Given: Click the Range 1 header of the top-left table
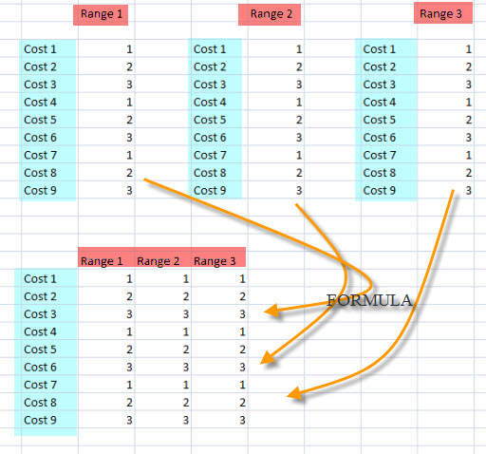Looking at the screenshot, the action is (x=102, y=14).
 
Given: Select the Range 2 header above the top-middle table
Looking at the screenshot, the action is (x=271, y=14).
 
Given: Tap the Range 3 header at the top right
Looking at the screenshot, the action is (x=440, y=14).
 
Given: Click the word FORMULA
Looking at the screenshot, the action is (x=369, y=300).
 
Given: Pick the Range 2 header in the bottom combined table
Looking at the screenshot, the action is (x=158, y=261).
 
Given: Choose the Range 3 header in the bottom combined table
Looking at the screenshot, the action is (x=215, y=261).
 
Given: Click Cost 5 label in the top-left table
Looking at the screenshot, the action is (x=40, y=120).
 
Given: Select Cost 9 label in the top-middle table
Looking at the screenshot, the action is (x=210, y=191).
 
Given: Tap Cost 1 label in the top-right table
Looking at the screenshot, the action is (x=380, y=49).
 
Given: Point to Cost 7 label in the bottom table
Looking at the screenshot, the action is (x=40, y=385).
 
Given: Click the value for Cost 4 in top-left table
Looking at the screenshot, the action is (x=129, y=103).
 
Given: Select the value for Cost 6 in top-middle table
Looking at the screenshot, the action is (x=299, y=138).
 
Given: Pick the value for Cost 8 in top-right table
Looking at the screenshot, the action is (x=469, y=173).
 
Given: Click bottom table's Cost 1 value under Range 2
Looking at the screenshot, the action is (x=186, y=279).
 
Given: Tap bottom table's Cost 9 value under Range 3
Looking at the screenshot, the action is (x=242, y=421).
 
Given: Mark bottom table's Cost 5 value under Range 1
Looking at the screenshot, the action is (x=129, y=350).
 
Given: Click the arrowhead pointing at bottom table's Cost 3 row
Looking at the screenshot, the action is (x=271, y=311).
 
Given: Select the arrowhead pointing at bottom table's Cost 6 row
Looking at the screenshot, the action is (x=268, y=358).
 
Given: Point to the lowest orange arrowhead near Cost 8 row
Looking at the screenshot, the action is (x=294, y=393).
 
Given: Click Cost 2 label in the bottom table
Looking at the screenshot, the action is (x=40, y=296).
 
